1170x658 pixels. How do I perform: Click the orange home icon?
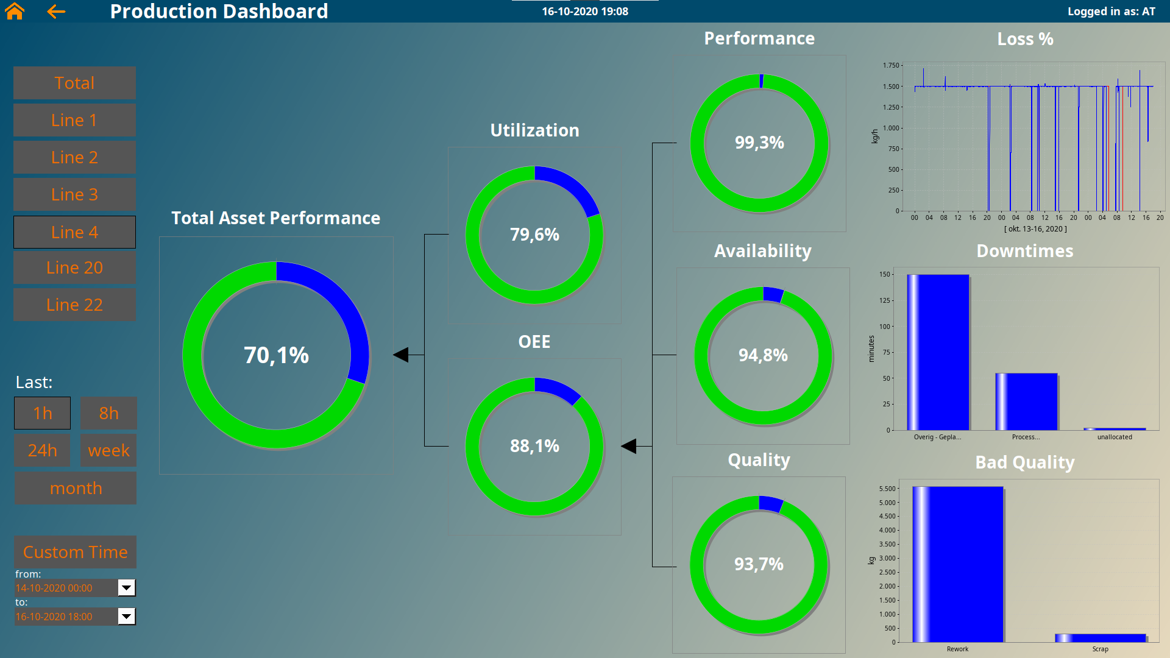pos(15,11)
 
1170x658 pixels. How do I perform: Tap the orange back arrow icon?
pos(56,11)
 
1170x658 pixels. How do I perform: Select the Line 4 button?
pos(74,232)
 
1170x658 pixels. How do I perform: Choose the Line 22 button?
pos(74,305)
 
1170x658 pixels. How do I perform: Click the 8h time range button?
pos(108,413)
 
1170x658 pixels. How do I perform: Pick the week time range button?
pos(108,450)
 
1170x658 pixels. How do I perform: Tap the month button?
pos(76,488)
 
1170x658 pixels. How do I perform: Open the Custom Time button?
pos(76,552)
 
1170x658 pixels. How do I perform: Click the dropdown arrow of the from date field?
pos(126,588)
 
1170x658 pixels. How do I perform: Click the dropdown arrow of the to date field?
pos(126,617)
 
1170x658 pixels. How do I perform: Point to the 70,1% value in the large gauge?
pos(276,355)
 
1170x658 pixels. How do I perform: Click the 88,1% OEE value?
pos(534,446)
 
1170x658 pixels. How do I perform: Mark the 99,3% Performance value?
pos(759,143)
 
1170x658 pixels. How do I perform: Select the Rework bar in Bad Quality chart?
pos(957,564)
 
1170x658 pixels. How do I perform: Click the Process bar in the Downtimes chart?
pos(1026,402)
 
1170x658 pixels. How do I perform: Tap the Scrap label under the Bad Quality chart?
pos(1100,649)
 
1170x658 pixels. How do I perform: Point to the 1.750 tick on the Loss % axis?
pos(891,65)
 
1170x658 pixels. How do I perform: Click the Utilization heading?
pos(534,130)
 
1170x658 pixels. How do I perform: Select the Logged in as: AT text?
pos(1111,12)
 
